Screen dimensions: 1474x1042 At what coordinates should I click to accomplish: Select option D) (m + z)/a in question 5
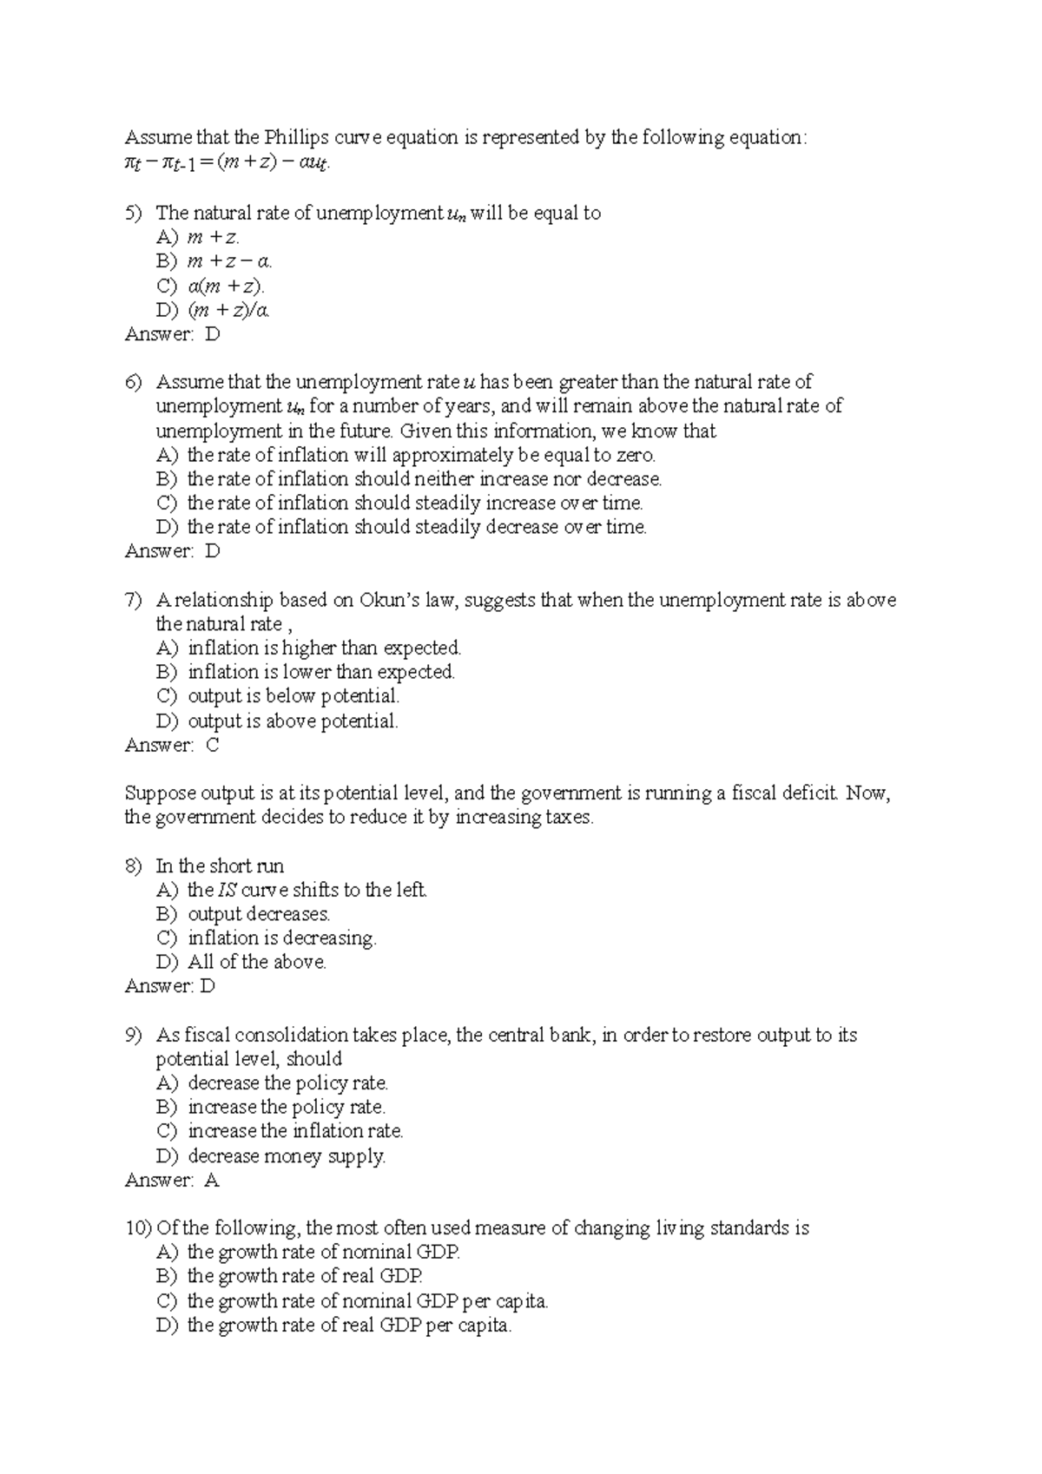click(x=228, y=310)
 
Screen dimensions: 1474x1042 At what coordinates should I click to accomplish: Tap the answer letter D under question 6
click(x=213, y=551)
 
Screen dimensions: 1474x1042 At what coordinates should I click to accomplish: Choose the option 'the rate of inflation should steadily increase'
click(x=414, y=503)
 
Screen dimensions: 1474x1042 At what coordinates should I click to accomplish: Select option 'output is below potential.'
click(x=293, y=696)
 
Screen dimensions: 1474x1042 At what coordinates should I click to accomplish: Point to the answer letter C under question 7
click(x=213, y=746)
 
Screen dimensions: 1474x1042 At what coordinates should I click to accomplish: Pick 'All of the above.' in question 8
click(x=257, y=963)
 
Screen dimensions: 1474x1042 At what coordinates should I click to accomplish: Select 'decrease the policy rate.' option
click(x=287, y=1083)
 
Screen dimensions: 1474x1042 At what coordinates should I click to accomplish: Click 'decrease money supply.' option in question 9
click(x=287, y=1156)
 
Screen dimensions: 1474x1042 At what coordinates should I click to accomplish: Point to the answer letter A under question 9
click(x=212, y=1181)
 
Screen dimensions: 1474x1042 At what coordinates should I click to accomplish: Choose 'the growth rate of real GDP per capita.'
click(x=349, y=1326)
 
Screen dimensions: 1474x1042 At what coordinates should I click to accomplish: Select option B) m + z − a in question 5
click(x=229, y=261)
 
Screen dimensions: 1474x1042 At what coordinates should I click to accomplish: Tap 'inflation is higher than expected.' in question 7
click(x=324, y=648)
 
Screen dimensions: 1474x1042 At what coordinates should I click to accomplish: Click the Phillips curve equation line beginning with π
click(x=228, y=162)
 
